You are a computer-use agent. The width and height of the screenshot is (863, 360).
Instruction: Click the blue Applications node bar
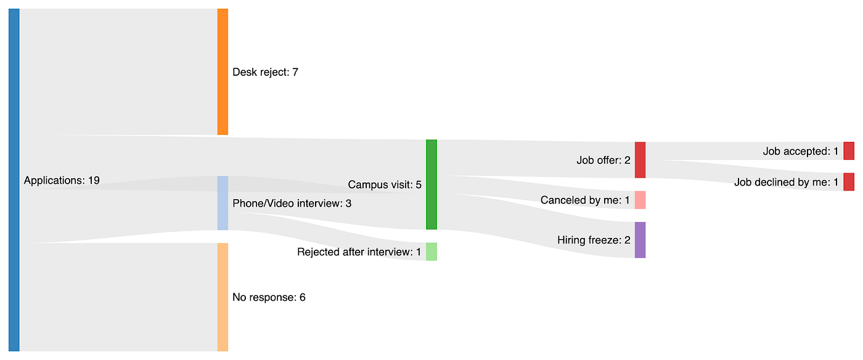point(14,180)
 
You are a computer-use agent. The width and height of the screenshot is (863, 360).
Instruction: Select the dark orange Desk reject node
point(223,72)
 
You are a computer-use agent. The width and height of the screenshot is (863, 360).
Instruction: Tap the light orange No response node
point(223,297)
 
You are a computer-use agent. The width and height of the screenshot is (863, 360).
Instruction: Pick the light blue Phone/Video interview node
point(223,203)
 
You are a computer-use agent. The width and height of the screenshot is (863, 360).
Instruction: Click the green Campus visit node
point(431,184)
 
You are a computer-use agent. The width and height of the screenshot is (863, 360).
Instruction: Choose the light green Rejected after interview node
point(431,252)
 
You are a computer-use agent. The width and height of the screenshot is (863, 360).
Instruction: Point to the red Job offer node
point(640,160)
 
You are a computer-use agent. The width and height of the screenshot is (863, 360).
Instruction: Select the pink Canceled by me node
point(640,200)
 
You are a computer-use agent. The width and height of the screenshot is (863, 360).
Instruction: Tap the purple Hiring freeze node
point(640,240)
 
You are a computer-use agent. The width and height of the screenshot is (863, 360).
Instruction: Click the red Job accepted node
point(849,151)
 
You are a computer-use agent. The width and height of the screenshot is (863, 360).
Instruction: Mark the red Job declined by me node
point(849,182)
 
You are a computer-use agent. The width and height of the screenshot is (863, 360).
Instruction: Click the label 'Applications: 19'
point(62,181)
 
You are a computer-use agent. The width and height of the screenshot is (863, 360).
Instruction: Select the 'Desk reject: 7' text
point(265,72)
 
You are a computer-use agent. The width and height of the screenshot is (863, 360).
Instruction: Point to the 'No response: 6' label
point(269,297)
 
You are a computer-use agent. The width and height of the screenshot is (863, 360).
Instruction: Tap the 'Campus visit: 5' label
point(385,184)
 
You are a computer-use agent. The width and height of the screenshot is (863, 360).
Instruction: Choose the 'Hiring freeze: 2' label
point(594,240)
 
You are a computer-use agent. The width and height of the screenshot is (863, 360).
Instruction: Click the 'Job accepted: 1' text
point(800,151)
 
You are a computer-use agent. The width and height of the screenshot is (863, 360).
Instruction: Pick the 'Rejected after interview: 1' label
point(359,252)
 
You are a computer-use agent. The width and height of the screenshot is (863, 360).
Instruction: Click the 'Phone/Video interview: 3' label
point(292,203)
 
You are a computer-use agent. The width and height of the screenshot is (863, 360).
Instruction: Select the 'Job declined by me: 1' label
point(786,182)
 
